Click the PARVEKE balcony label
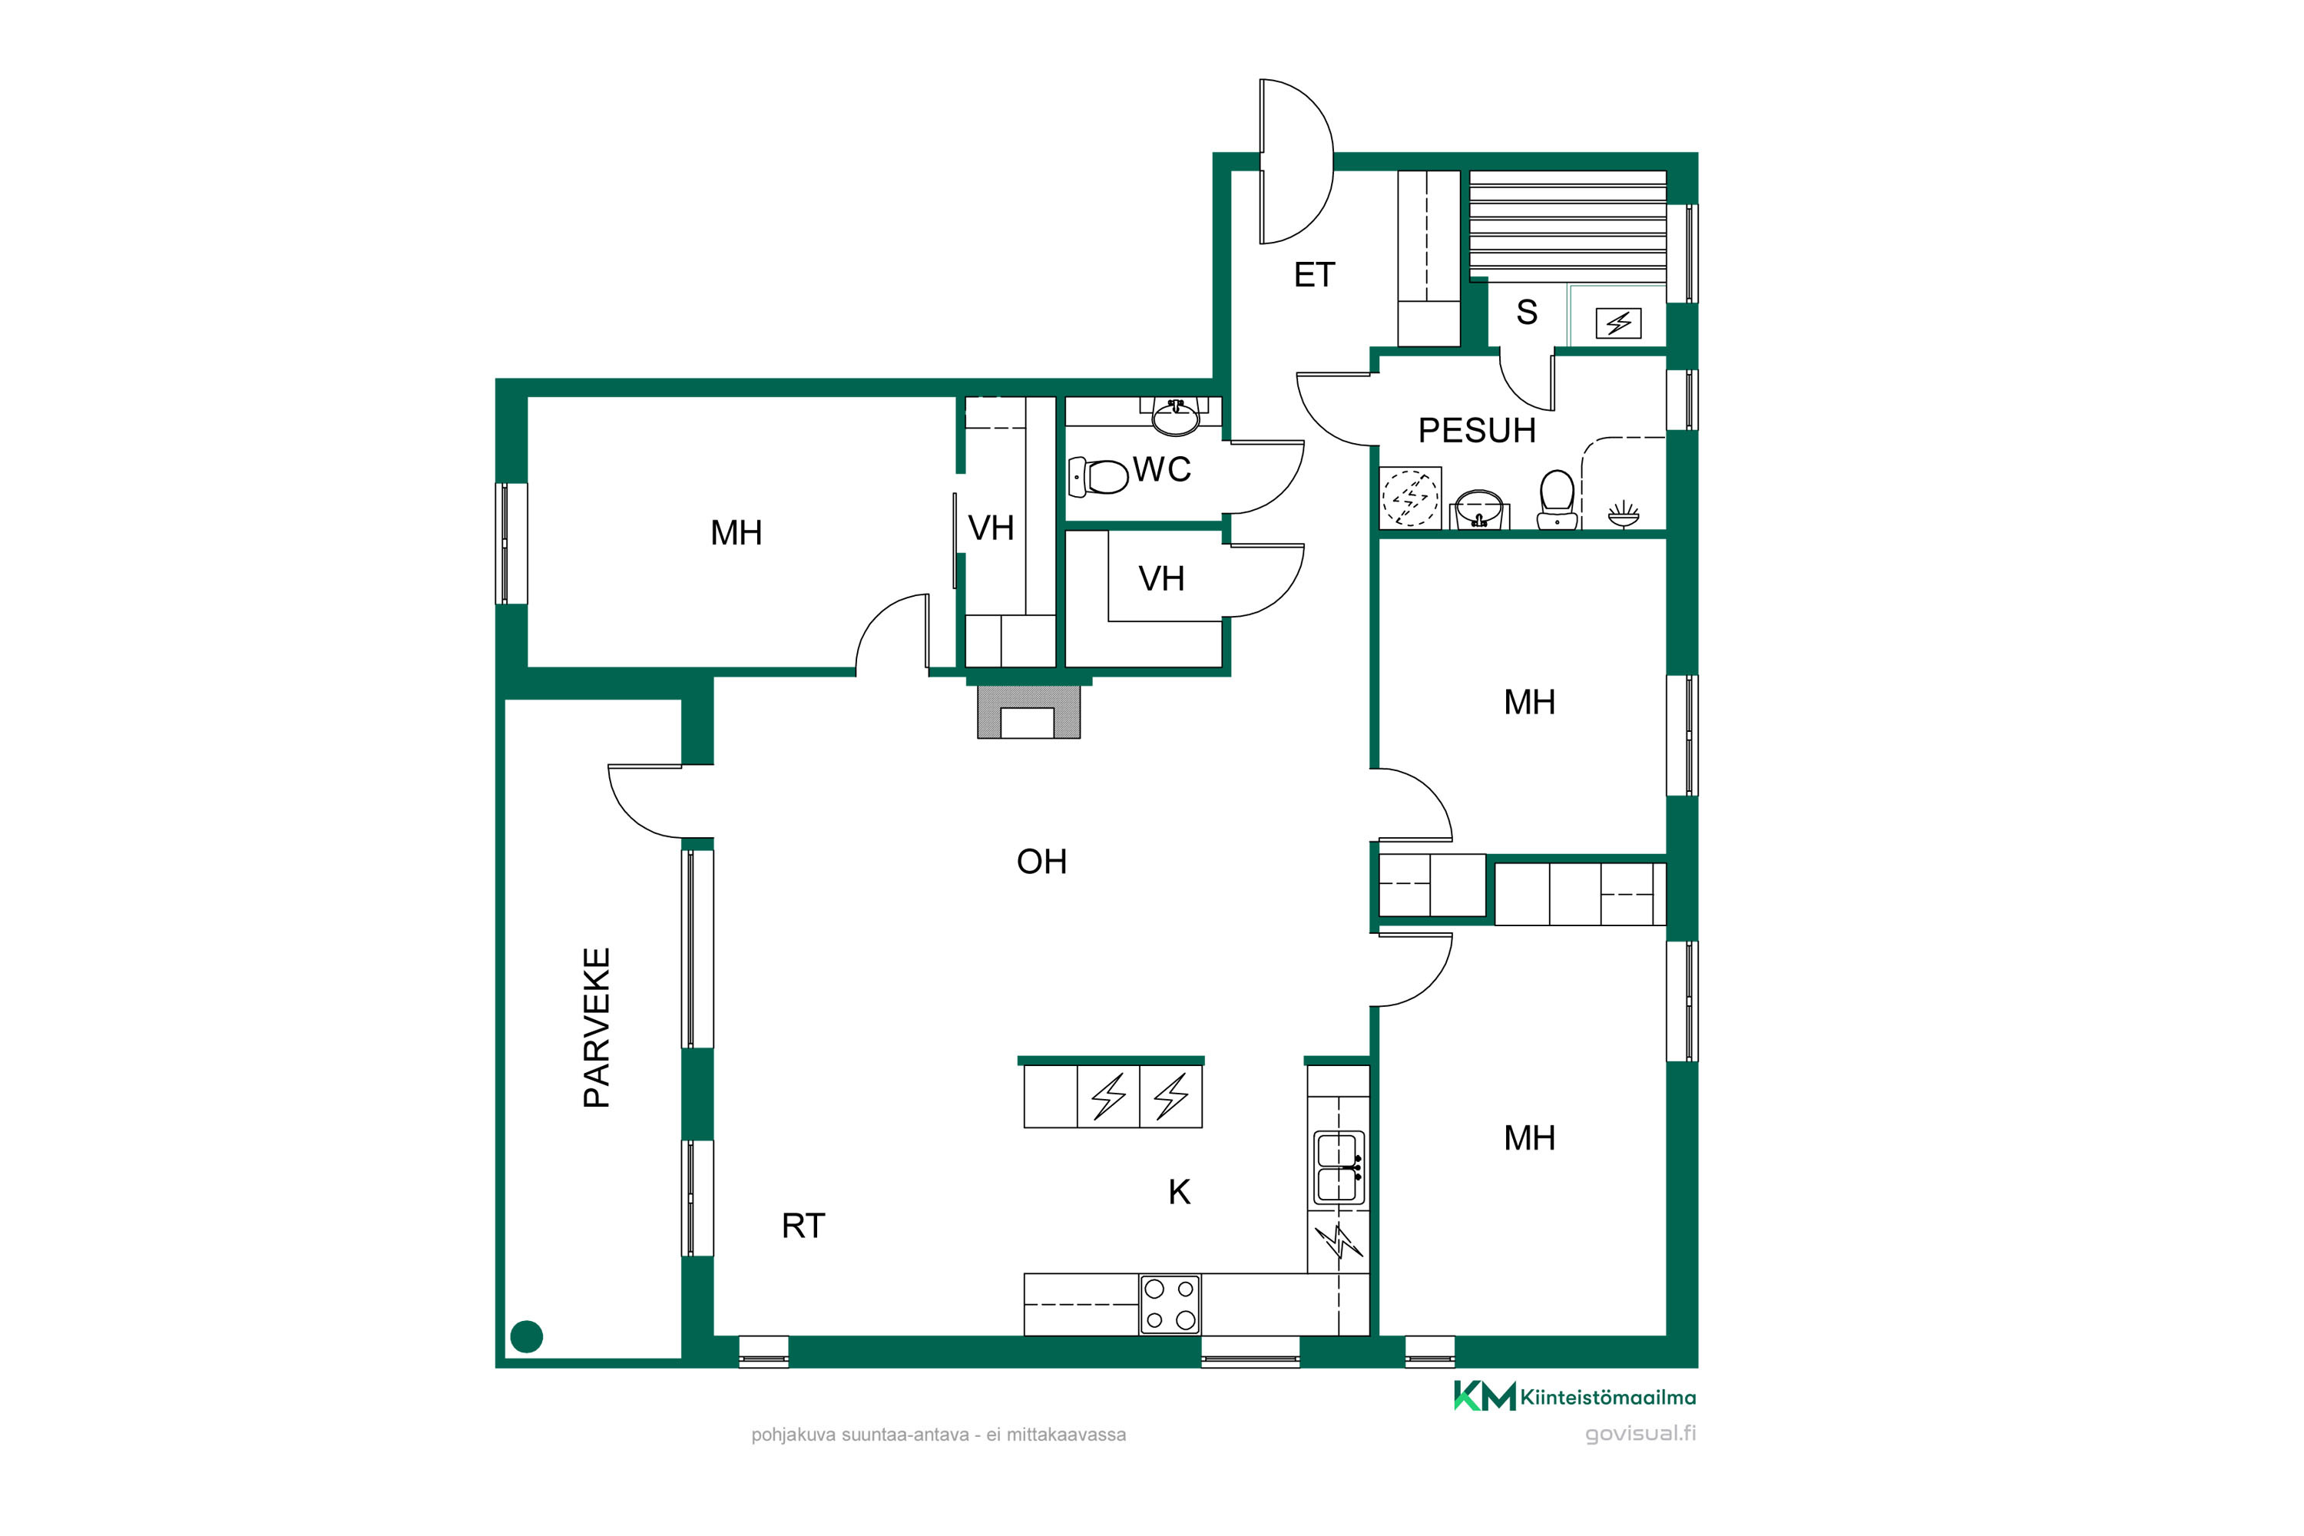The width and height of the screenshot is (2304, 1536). tap(597, 1028)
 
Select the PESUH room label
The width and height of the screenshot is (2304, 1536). tap(1476, 431)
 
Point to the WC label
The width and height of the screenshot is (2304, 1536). tap(1162, 470)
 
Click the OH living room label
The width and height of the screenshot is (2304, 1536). tap(1041, 862)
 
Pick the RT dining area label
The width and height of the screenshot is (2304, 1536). tap(803, 1226)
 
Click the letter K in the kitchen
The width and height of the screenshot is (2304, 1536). tap(1180, 1192)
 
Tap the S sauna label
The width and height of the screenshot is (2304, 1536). tap(1526, 313)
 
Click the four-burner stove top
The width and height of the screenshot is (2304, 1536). tap(1170, 1305)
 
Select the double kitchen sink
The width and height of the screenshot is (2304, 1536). tap(1338, 1167)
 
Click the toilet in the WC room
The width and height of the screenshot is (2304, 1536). tap(1098, 477)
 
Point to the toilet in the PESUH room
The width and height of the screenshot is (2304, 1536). tap(1557, 500)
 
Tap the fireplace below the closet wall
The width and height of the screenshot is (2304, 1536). tap(1028, 712)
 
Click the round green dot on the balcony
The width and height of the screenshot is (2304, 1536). tap(527, 1337)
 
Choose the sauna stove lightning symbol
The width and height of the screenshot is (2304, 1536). tap(1618, 323)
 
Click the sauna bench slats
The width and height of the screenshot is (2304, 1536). tap(1567, 224)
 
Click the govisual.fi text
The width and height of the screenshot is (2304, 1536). tap(1640, 1434)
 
